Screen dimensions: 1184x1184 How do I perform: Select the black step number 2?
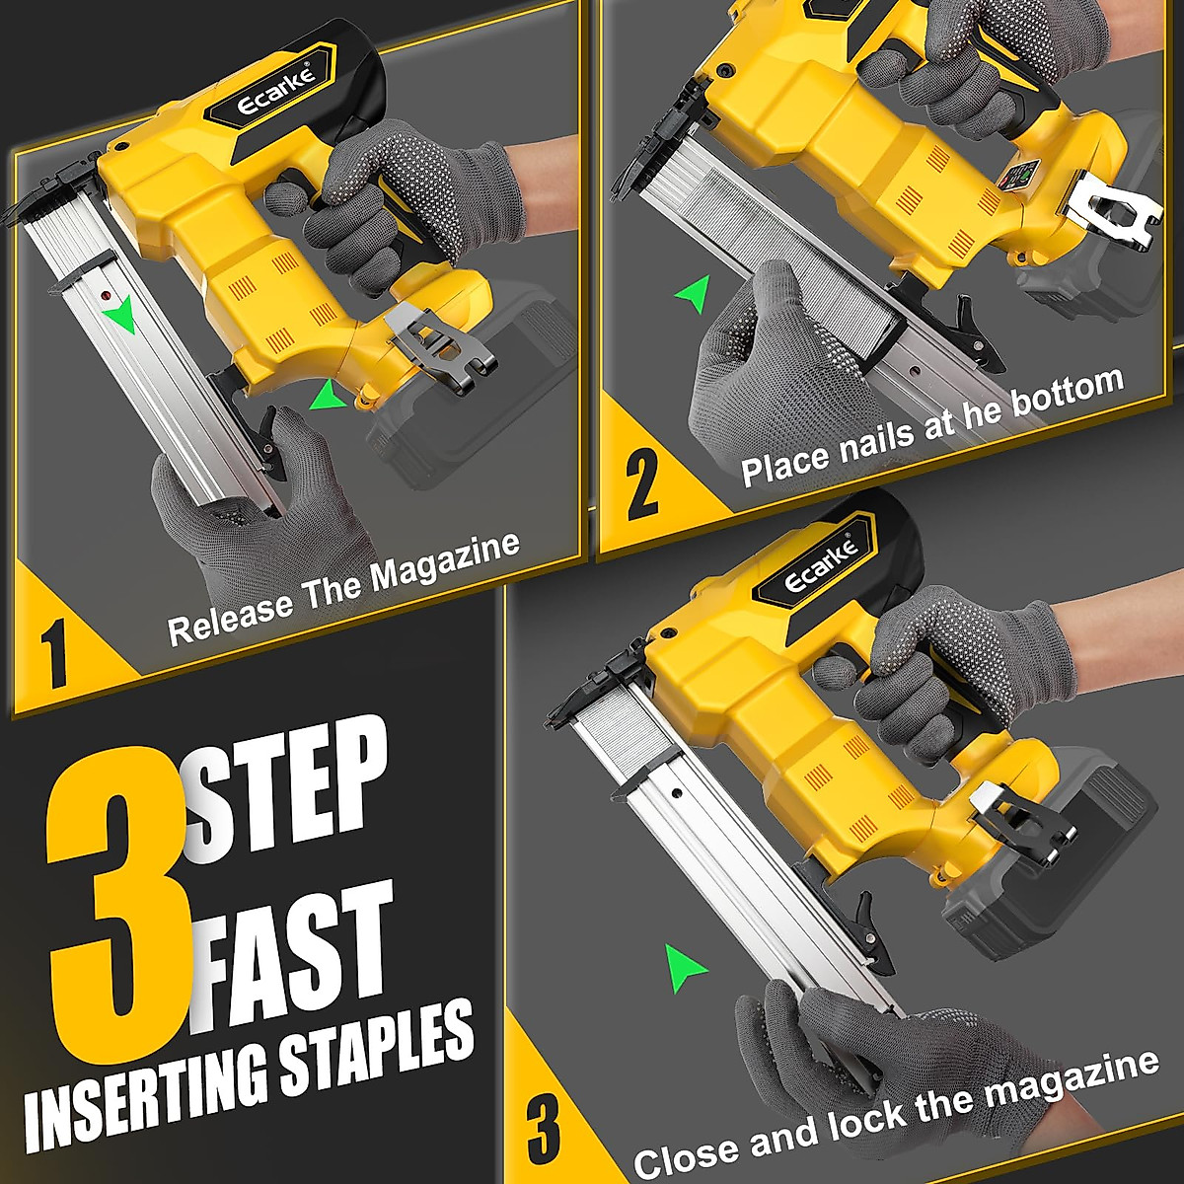point(641,483)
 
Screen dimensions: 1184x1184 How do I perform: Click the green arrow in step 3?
point(685,968)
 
